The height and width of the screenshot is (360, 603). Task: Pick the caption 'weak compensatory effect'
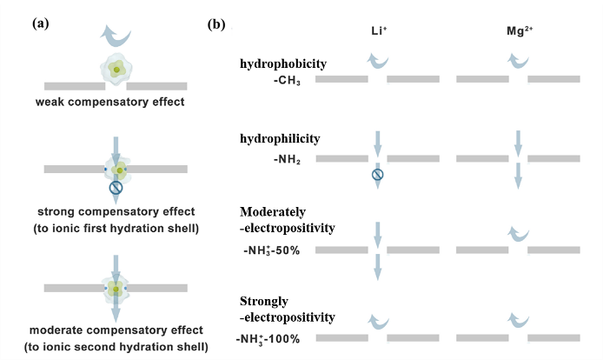click(115, 103)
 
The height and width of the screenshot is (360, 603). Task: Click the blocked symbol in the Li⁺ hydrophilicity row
click(377, 174)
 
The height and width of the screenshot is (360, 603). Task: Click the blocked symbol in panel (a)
click(116, 186)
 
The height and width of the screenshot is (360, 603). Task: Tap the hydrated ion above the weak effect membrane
click(116, 69)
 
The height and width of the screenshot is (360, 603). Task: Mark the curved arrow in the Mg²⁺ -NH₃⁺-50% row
click(517, 232)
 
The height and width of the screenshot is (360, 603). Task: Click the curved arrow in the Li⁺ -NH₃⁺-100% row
click(375, 319)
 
